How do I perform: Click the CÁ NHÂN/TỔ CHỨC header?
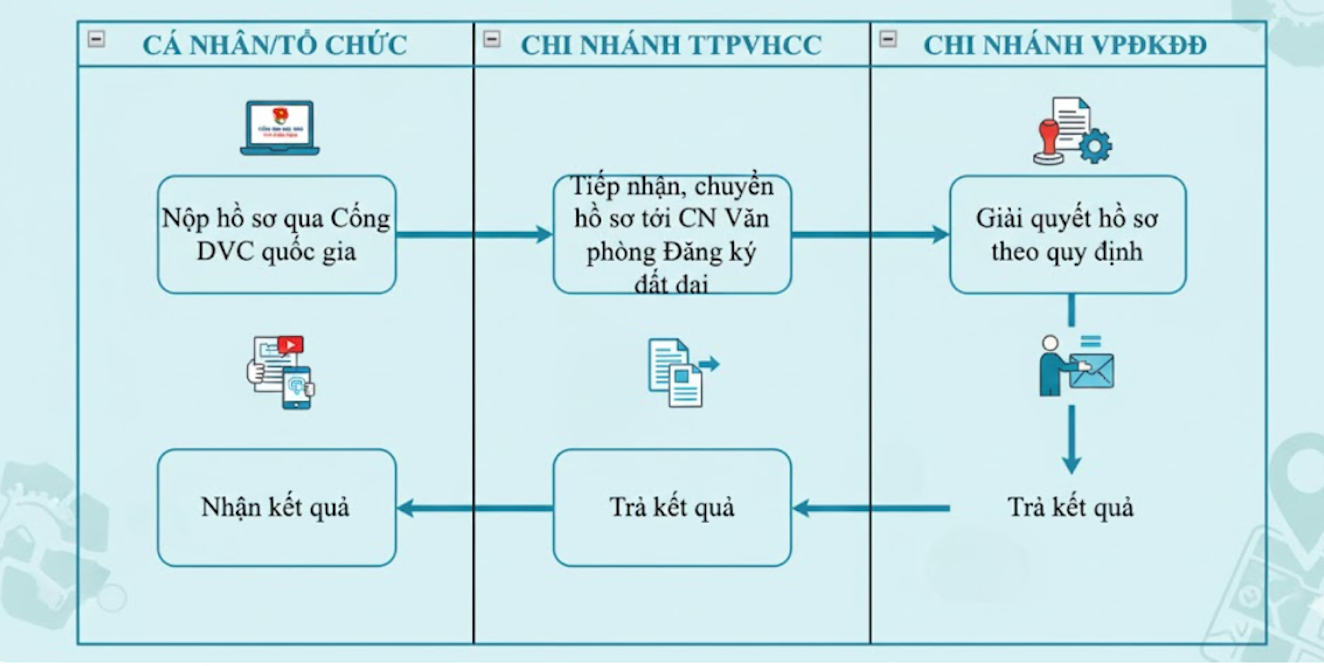(274, 46)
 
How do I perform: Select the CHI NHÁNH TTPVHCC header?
(671, 46)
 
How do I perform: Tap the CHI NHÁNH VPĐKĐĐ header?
(1065, 46)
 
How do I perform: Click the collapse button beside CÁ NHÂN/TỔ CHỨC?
(97, 39)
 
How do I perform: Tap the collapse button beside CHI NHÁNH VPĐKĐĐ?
(888, 39)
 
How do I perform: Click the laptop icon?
(279, 128)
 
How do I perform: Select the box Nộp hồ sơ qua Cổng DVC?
(277, 235)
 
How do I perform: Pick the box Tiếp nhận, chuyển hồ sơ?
(672, 235)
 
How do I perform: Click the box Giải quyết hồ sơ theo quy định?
(1067, 235)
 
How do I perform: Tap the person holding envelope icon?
(1075, 366)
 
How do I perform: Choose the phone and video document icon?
(281, 372)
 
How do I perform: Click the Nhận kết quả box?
(277, 508)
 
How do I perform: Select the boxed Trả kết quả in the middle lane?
(672, 508)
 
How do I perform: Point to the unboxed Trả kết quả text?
(1070, 508)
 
